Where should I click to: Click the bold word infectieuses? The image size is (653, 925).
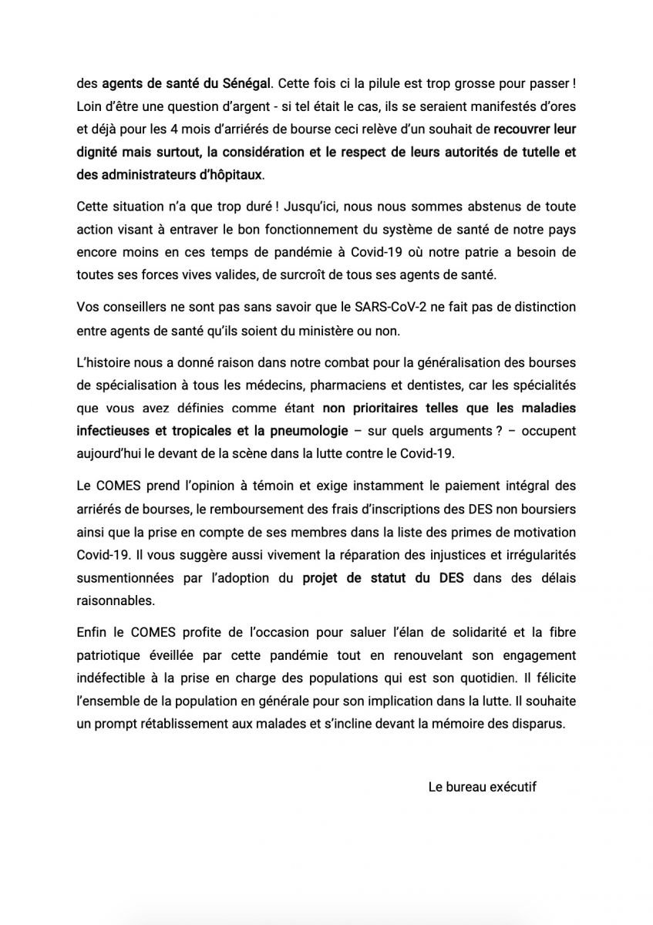(x=113, y=429)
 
